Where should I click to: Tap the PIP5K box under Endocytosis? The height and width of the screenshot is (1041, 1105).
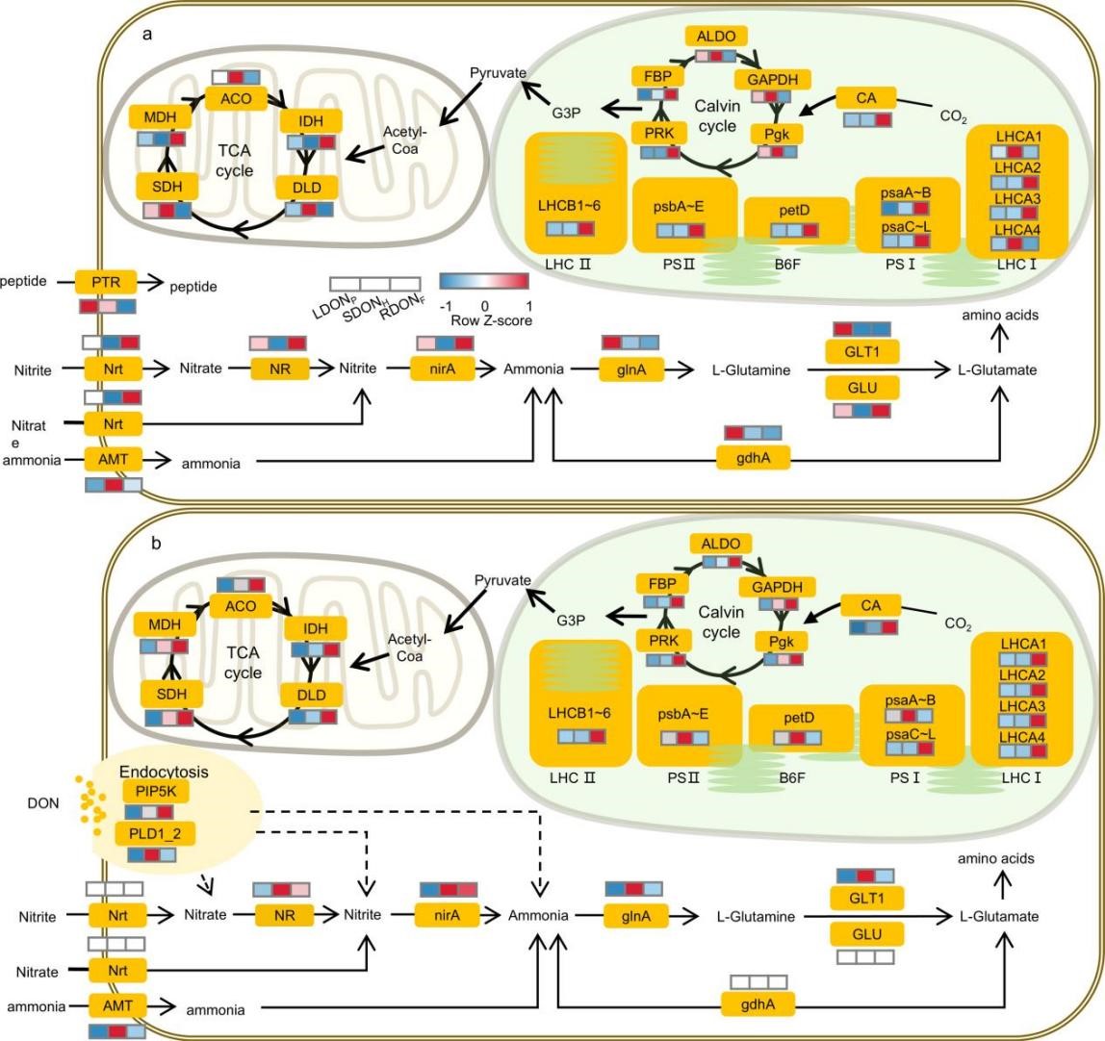(x=148, y=791)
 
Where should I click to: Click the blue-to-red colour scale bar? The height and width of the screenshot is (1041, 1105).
(x=484, y=280)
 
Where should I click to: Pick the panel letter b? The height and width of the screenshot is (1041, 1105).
(x=155, y=543)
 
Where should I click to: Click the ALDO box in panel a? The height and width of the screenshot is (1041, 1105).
(x=715, y=36)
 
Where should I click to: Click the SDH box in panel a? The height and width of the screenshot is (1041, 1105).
(x=167, y=185)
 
